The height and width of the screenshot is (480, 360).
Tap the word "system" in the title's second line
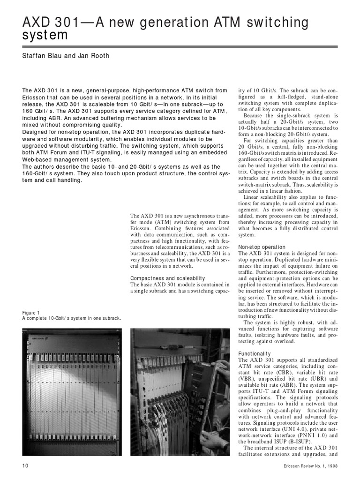(x=45, y=35)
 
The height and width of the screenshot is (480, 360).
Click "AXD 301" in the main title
(x=45, y=22)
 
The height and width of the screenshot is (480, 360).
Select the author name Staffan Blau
(x=43, y=56)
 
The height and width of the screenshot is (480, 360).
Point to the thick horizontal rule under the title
(x=180, y=47)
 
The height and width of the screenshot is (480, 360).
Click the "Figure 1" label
(x=31, y=313)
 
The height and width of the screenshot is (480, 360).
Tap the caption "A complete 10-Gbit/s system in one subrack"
(x=72, y=318)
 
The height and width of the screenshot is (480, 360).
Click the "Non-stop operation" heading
(x=262, y=247)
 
